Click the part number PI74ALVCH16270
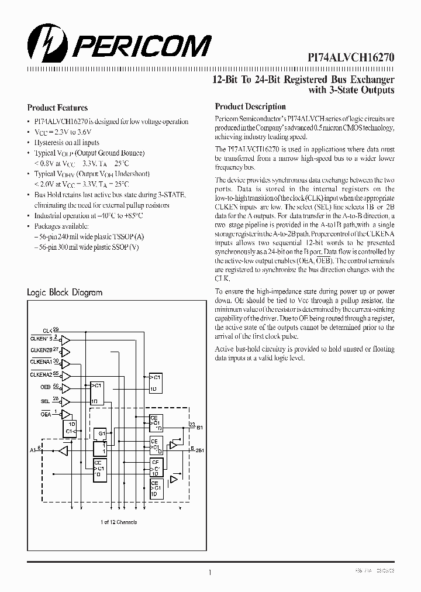pyautogui.click(x=351, y=58)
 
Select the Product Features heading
pyautogui.click(x=57, y=108)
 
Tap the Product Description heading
pyautogui.click(x=250, y=106)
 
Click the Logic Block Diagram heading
pyautogui.click(x=65, y=292)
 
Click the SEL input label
pyautogui.click(x=46, y=400)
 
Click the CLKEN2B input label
pyautogui.click(x=42, y=351)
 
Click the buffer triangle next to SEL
pyautogui.click(x=65, y=401)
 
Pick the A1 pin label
pyautogui.click(x=33, y=450)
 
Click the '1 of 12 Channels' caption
pyautogui.click(x=119, y=522)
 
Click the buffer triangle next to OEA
pyautogui.click(x=65, y=414)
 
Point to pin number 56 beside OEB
pyautogui.click(x=56, y=386)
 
